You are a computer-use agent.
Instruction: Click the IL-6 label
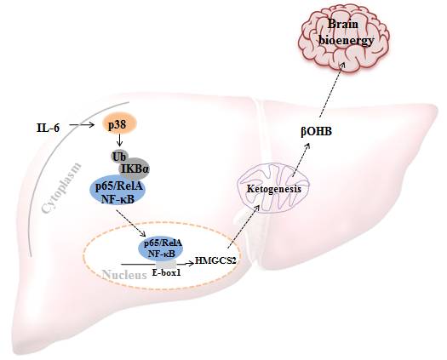49,128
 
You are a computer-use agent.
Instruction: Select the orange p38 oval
120,123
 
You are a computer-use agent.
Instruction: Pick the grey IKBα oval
134,169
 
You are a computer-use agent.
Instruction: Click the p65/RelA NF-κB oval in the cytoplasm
117,193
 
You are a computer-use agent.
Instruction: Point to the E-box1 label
167,273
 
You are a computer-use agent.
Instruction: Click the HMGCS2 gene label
215,260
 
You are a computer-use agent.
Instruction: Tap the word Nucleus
124,275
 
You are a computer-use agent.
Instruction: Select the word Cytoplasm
62,188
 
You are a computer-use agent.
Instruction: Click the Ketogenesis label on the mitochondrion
273,189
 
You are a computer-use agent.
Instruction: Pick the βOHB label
317,132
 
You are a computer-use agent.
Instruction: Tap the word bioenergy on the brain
346,41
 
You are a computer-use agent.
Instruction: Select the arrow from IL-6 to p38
82,124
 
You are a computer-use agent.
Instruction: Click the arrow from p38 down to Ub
120,140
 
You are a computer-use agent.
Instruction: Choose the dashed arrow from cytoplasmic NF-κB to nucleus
131,224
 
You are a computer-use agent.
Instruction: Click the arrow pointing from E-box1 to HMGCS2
186,264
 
